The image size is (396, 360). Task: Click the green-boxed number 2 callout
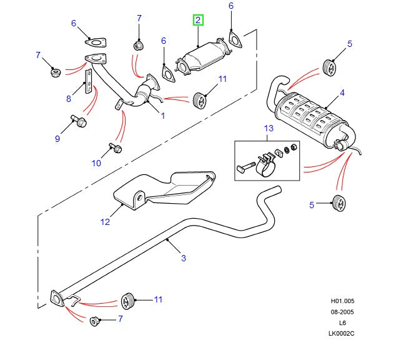coord(198,21)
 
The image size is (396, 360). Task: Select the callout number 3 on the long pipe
coord(183,257)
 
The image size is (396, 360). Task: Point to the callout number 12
coord(105,221)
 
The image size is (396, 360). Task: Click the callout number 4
coord(342,94)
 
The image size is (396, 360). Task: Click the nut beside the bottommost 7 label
coord(96,321)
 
